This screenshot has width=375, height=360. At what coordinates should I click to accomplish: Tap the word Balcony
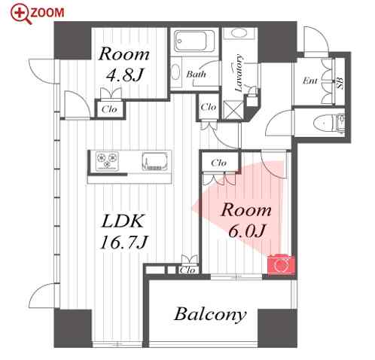tap(210, 315)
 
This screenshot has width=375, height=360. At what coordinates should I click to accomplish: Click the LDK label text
tap(123, 221)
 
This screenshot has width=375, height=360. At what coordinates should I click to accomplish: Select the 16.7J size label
tap(123, 243)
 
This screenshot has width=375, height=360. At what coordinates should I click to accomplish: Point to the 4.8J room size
tap(124, 75)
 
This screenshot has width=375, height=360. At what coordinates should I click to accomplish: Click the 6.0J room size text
tap(247, 230)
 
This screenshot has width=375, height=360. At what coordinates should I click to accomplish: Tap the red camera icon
tap(281, 265)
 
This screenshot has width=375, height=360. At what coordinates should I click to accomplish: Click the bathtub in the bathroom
tap(194, 41)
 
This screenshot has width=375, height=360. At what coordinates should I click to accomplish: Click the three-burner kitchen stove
tap(107, 160)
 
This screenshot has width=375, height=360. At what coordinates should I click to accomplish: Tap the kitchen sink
tap(154, 161)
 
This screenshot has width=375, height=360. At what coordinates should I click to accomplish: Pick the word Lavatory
tap(239, 73)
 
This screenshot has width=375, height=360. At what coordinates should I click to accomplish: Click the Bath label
tap(196, 75)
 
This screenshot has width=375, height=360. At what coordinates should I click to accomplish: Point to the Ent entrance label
tap(309, 81)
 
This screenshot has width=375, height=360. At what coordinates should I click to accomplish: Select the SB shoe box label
tap(340, 83)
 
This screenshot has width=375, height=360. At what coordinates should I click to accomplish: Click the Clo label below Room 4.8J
tap(109, 109)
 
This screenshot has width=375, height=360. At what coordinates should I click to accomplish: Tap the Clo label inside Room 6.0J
tap(218, 163)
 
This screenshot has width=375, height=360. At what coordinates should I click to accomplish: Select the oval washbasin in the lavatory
tap(239, 33)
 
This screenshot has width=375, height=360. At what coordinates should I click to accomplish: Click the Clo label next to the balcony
tap(187, 270)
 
